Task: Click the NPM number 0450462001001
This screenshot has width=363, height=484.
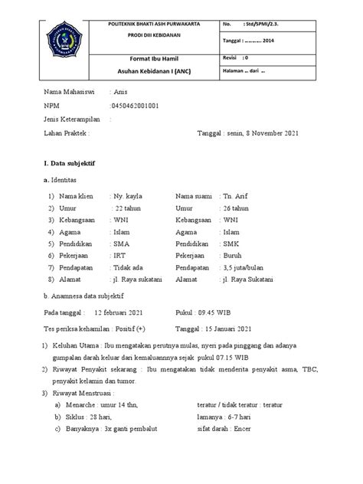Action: point(137,106)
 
